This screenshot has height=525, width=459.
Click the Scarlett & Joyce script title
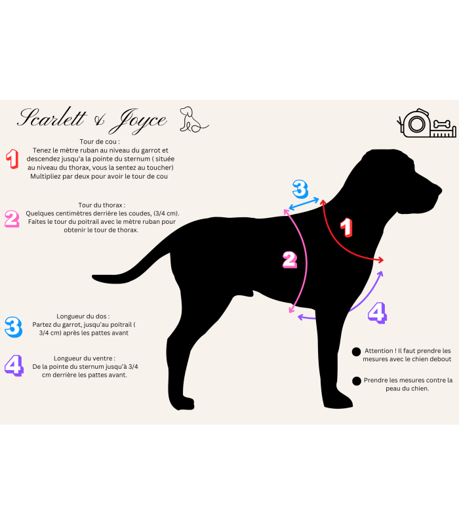[x=92, y=120]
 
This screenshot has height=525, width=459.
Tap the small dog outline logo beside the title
[x=193, y=119]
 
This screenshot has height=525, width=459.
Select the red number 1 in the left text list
[x=12, y=159]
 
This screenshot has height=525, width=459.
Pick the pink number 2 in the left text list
[x=12, y=218]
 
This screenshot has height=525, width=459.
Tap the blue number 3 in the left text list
[x=12, y=326]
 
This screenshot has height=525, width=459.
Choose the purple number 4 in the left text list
[x=13, y=366]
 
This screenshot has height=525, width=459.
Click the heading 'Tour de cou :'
[x=100, y=141]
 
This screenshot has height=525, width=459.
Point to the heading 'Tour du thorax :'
[x=102, y=205]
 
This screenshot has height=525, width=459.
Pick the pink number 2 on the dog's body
[x=289, y=260]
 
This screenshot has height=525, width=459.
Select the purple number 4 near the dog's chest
[x=377, y=312]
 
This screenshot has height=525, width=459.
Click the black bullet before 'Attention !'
[x=356, y=352]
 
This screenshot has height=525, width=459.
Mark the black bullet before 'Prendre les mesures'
[x=356, y=381]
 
